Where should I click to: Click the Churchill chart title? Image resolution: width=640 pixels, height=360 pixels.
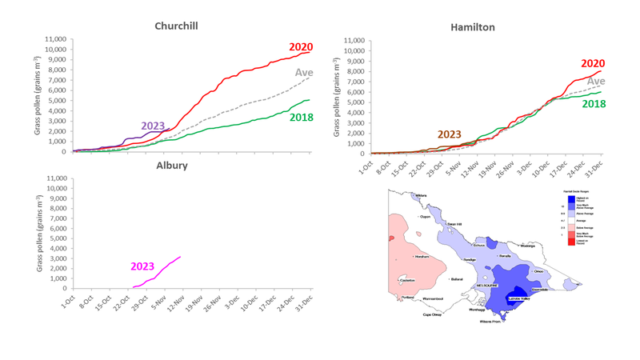point(175,26)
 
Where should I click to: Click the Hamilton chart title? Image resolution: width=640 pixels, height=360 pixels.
point(471,26)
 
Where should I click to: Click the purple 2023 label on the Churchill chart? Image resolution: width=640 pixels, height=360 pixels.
point(154,126)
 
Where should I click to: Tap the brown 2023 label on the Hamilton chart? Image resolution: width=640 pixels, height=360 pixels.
point(450,134)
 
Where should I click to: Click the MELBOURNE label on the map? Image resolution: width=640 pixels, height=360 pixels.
point(487,284)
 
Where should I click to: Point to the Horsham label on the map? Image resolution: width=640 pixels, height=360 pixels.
point(422,256)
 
